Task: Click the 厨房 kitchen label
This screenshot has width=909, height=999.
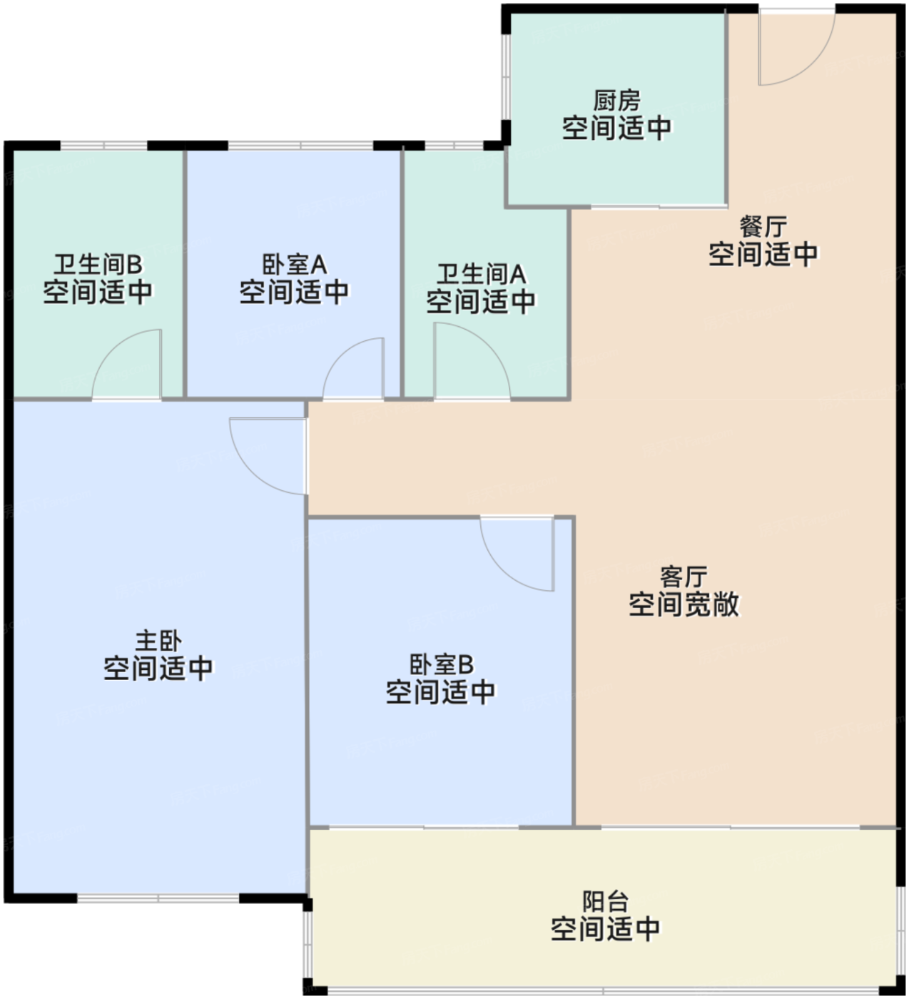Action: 617,101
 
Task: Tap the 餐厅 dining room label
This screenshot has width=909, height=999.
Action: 763,227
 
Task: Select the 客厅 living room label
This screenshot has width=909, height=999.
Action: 684,576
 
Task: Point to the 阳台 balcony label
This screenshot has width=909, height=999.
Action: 605,901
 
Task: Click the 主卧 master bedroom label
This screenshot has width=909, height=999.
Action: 158,640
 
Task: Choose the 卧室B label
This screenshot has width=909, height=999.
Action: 441,664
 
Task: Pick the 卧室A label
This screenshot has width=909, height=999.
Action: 294,265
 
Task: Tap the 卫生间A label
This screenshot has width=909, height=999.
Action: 481,274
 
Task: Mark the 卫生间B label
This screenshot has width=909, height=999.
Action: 98,265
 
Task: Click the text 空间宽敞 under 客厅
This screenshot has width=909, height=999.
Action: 684,604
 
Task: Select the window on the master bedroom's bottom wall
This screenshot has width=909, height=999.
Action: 158,897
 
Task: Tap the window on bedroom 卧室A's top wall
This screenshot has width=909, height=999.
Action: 300,146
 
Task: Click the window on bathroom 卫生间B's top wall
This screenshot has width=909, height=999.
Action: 104,146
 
